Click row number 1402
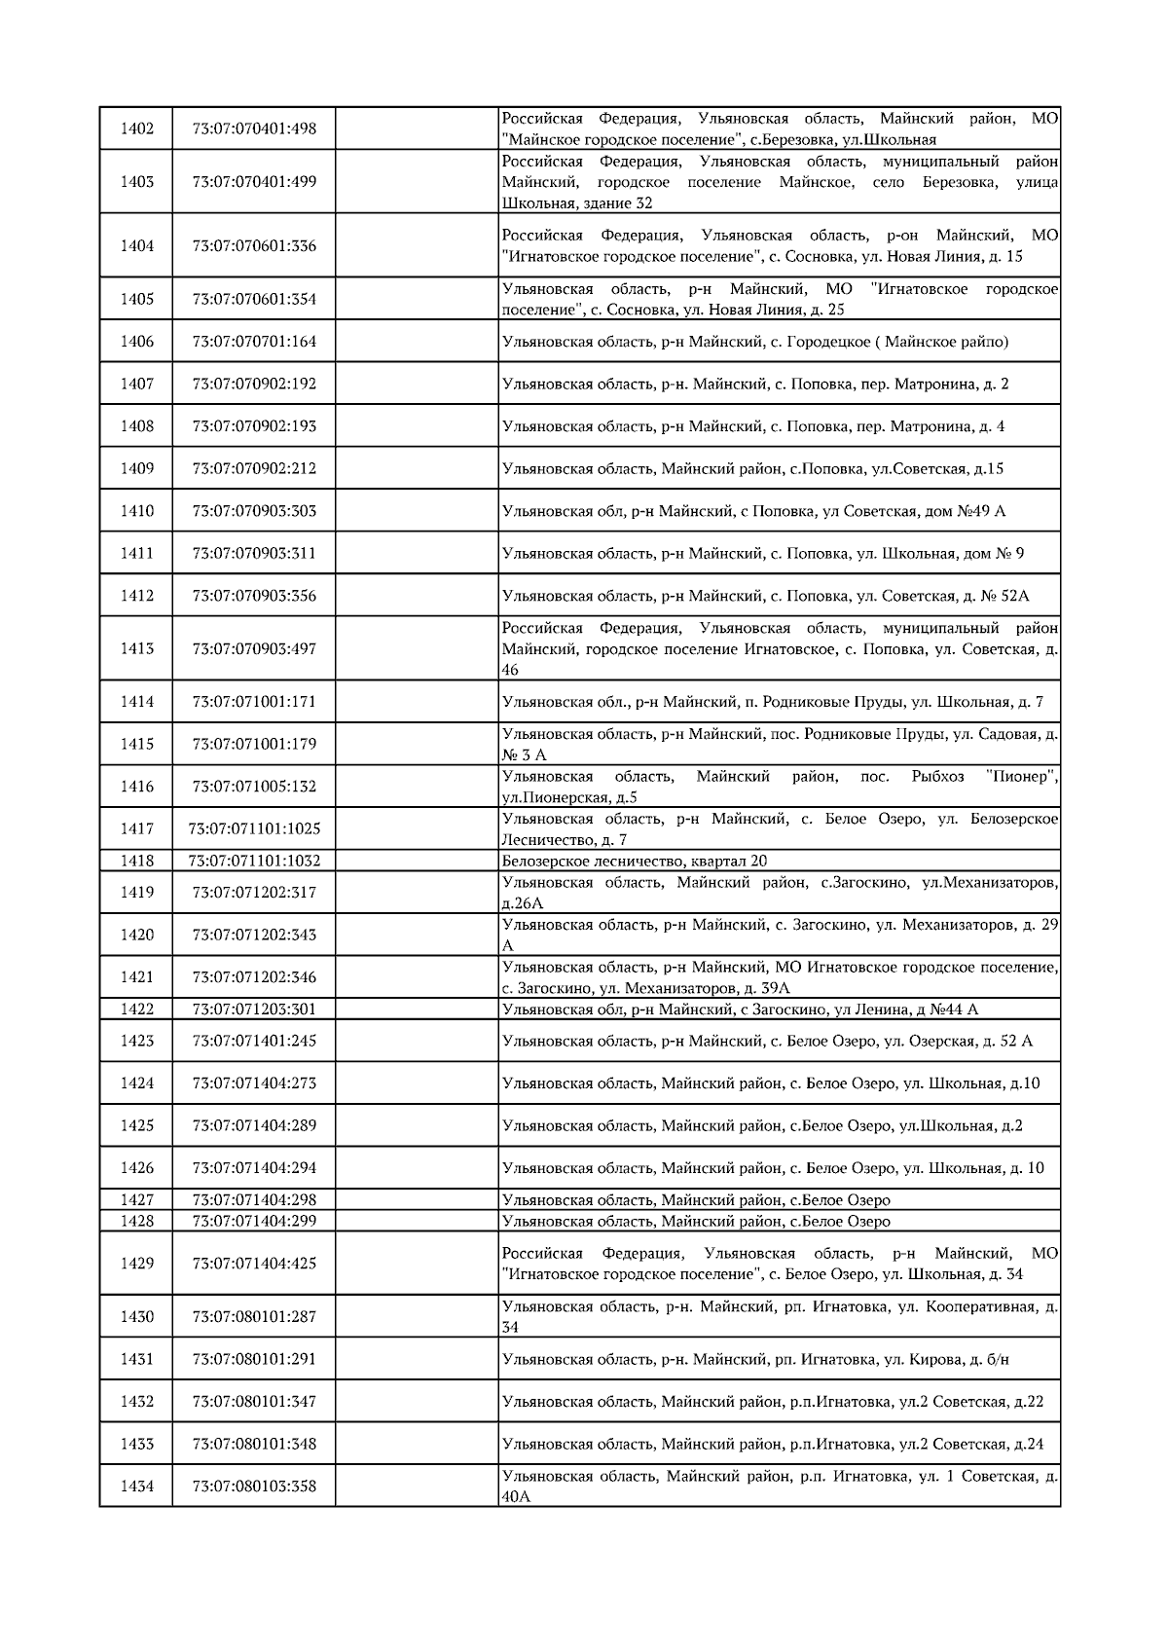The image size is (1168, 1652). click(136, 128)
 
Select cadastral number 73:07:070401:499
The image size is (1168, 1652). click(254, 182)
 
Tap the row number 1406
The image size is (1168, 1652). click(136, 342)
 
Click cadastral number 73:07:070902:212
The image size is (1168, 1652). click(254, 468)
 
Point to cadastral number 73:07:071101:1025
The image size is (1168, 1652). click(254, 829)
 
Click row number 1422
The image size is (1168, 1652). click(136, 1010)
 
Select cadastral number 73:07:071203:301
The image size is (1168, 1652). click(254, 1010)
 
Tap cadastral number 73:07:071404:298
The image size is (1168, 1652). click(254, 1200)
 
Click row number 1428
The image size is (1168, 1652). click(136, 1221)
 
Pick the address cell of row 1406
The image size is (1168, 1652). click(755, 342)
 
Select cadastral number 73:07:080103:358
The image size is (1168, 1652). click(254, 1487)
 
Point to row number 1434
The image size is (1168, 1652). click(136, 1487)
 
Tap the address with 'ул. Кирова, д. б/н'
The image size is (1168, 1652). click(755, 1359)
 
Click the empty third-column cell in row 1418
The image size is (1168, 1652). click(417, 861)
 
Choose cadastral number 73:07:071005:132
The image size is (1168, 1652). click(254, 787)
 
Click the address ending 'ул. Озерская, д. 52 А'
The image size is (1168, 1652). click(767, 1041)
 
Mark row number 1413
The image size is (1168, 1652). click(136, 648)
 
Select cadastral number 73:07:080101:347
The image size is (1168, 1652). click(254, 1402)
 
